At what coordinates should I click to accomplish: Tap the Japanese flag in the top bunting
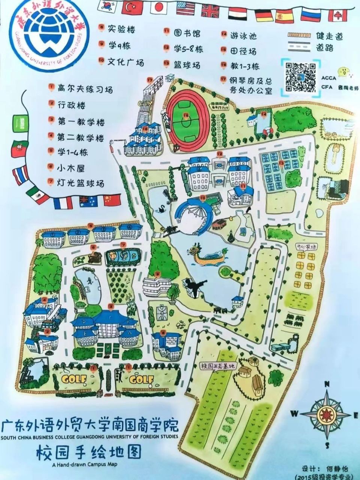(x=159, y=7)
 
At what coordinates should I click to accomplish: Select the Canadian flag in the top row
(x=337, y=15)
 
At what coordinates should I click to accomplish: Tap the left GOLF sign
(x=75, y=379)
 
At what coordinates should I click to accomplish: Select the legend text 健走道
(x=329, y=36)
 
